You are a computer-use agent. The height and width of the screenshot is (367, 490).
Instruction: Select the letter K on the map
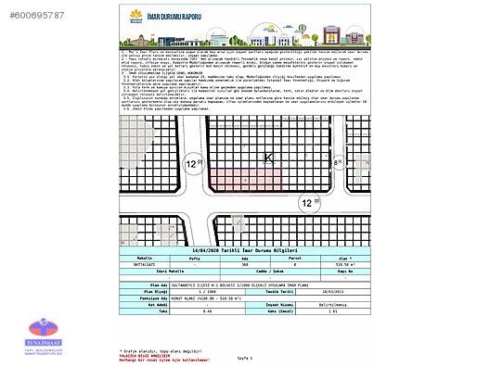(x=270, y=158)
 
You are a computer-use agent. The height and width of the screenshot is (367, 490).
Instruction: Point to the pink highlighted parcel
(x=236, y=181)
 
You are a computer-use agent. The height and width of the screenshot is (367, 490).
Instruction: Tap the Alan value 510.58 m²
(x=339, y=263)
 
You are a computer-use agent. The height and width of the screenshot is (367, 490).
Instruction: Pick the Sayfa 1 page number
(x=245, y=357)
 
